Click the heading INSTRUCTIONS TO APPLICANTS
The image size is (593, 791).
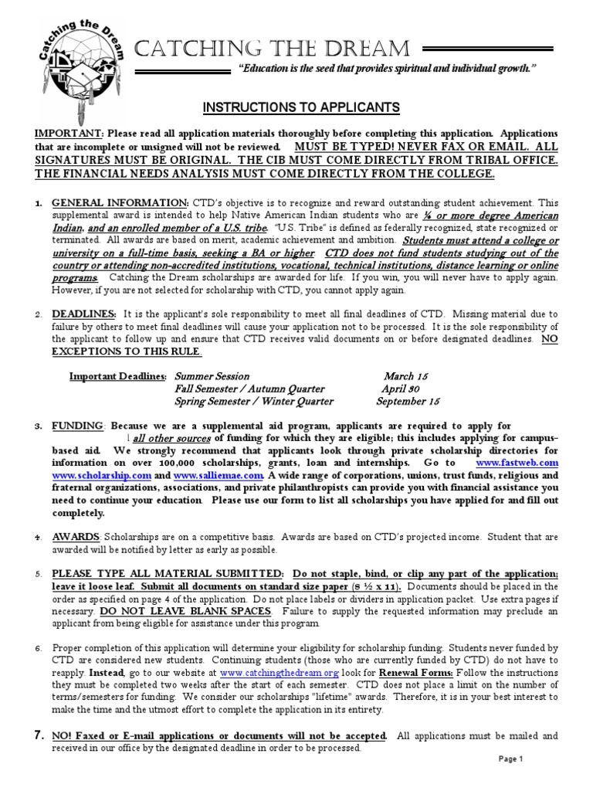[x=301, y=107]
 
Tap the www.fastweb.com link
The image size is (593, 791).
[x=517, y=462]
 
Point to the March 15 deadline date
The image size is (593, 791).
[x=406, y=375]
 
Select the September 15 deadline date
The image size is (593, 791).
[x=408, y=402]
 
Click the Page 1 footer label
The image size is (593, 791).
[x=510, y=759]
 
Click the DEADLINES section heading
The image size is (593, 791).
[x=84, y=314]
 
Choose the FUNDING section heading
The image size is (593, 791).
[x=77, y=426]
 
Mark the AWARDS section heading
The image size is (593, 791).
[x=76, y=537]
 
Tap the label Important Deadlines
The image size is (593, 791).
[x=117, y=375]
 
